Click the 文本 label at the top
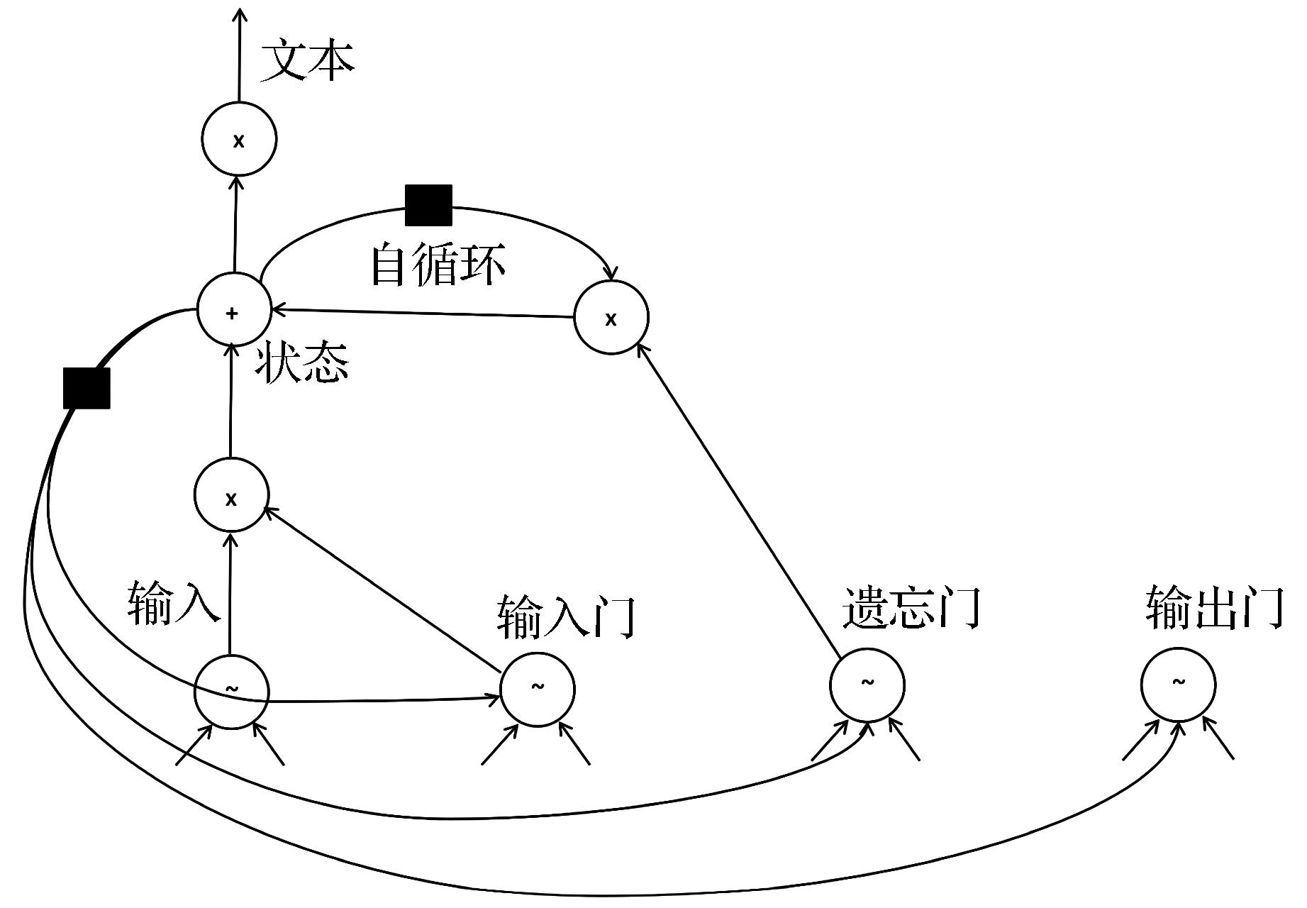(x=307, y=62)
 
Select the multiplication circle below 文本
(x=239, y=139)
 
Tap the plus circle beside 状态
(x=233, y=311)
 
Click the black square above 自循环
(x=428, y=205)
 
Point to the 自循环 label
(x=438, y=265)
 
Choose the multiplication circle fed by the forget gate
(x=611, y=317)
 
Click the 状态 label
(x=303, y=362)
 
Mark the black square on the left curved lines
(x=87, y=388)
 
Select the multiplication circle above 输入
(x=231, y=496)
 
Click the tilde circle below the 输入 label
(x=231, y=691)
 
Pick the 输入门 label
(x=565, y=616)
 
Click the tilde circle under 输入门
(x=538, y=689)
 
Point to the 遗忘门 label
(x=911, y=607)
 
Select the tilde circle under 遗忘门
(x=867, y=685)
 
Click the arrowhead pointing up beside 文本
(x=240, y=14)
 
